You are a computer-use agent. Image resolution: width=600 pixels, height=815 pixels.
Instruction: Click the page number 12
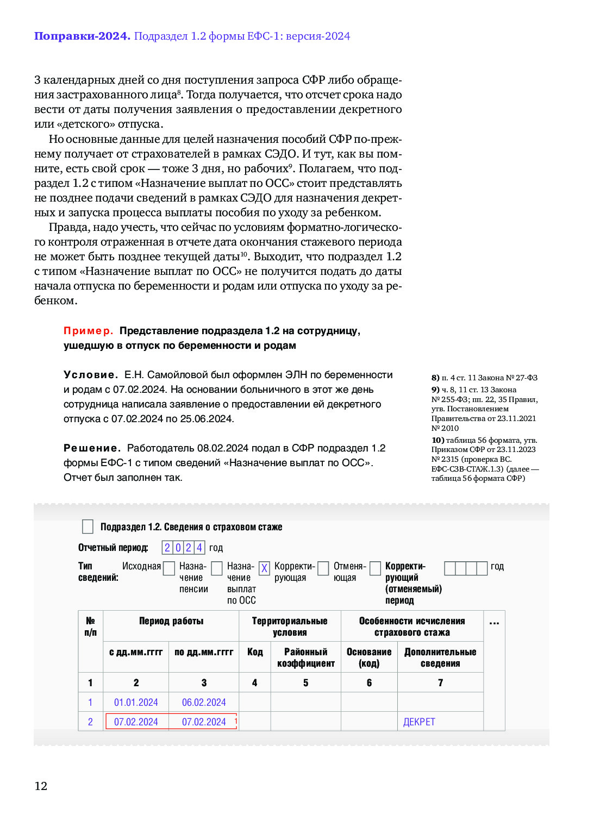point(41,786)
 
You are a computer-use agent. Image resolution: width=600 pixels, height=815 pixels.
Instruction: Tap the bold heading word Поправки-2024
point(82,36)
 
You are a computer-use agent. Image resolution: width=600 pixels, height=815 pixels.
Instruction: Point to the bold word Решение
point(92,448)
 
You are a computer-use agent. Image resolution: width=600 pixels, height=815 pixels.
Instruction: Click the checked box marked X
point(264,568)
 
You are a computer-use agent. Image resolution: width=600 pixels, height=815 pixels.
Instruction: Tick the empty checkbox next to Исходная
point(169,568)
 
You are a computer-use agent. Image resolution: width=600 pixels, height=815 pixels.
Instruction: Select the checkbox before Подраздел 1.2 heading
point(87,526)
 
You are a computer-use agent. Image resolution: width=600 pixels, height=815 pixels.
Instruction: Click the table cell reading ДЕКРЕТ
point(419,722)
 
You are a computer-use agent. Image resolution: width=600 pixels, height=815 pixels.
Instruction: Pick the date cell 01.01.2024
point(136,703)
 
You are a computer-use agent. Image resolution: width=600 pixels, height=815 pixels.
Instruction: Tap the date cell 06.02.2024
point(204,703)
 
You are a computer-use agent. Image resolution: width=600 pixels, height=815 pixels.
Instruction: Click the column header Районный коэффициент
point(306,657)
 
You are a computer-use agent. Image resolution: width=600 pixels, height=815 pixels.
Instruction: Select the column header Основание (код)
point(369,657)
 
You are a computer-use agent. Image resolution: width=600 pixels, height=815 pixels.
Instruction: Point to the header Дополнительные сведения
point(440,657)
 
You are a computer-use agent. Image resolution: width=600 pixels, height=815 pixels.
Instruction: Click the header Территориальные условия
point(290,626)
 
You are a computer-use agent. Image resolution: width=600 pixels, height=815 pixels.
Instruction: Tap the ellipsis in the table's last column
point(494,623)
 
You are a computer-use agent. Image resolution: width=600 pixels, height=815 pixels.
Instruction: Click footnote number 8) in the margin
point(435,378)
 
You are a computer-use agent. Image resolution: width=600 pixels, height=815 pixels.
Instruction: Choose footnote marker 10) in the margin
point(437,440)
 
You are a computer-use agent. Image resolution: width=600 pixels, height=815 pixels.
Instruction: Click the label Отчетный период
point(113,548)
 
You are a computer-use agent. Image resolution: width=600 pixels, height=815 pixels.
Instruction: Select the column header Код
point(255,652)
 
